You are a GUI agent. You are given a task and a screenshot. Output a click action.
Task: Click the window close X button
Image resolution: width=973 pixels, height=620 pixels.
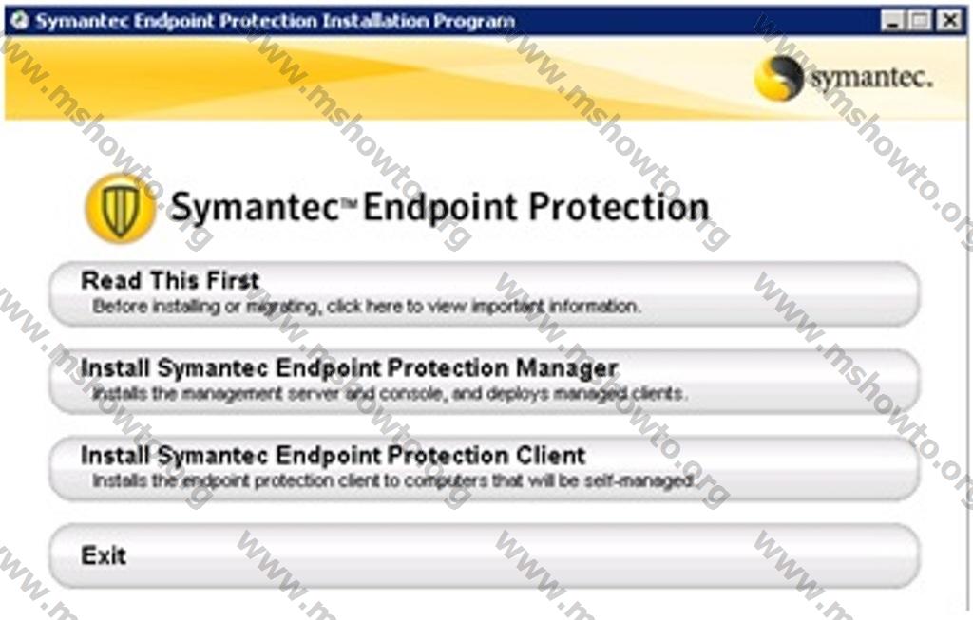tap(949, 21)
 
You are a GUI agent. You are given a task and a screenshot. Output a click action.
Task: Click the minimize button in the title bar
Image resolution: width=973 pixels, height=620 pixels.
tap(891, 21)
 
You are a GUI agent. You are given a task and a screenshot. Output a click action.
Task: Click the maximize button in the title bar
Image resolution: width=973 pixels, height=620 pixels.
tap(920, 21)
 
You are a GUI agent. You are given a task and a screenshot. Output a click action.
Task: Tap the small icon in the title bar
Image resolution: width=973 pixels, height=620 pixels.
tap(20, 21)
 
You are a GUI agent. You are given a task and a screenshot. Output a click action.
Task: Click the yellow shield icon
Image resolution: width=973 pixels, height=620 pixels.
tap(121, 208)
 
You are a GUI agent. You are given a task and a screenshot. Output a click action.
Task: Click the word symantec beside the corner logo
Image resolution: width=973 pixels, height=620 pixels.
tap(870, 79)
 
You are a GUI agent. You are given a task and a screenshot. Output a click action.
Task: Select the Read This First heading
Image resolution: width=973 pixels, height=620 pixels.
tap(170, 280)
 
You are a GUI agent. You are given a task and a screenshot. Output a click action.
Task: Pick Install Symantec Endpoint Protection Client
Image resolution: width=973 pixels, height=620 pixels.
tap(333, 455)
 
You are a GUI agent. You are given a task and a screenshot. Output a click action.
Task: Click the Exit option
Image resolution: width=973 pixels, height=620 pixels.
tap(103, 555)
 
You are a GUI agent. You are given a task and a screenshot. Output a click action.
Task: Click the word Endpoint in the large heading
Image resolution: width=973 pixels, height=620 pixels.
tap(439, 208)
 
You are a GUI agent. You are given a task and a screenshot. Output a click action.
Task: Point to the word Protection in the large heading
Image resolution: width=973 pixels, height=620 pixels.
tap(618, 206)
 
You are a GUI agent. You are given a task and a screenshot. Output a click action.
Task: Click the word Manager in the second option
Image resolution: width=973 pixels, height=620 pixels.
tap(566, 368)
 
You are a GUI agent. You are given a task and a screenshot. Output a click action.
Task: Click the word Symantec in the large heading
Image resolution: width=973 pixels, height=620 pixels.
tap(253, 208)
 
